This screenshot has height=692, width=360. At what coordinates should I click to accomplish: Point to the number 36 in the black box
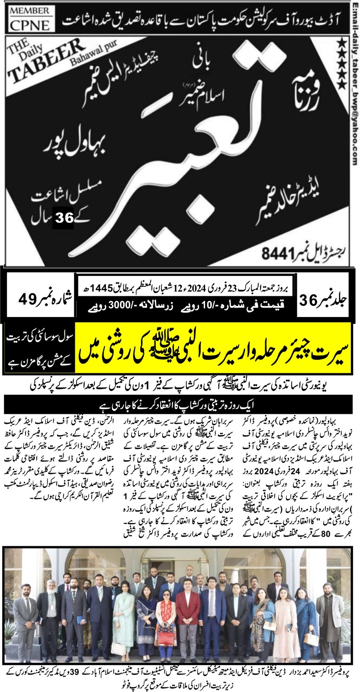[x=64, y=218]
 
